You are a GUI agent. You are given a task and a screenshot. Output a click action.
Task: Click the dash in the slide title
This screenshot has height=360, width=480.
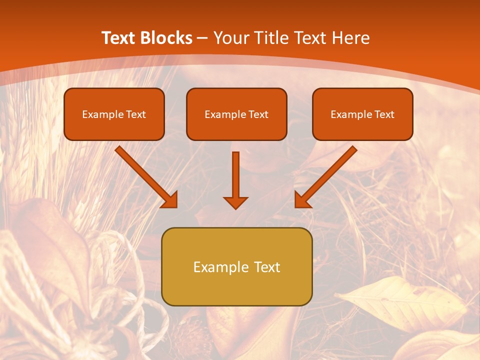202,38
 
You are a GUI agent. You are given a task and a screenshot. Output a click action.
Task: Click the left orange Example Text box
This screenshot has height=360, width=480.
114,114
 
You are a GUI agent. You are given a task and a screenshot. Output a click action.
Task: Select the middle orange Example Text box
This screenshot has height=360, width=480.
236,114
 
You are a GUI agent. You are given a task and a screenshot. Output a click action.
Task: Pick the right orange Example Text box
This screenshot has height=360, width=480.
362,114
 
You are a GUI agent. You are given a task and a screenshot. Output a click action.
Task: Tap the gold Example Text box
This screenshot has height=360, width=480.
236,266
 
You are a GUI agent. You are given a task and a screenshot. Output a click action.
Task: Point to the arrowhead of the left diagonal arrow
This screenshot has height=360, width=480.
169,199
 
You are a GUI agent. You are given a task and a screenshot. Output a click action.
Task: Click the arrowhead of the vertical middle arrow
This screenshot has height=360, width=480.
235,202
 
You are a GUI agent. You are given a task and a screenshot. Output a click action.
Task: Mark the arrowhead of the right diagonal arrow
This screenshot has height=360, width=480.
302,199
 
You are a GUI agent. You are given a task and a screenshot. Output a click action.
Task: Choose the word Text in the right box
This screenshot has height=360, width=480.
384,114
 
